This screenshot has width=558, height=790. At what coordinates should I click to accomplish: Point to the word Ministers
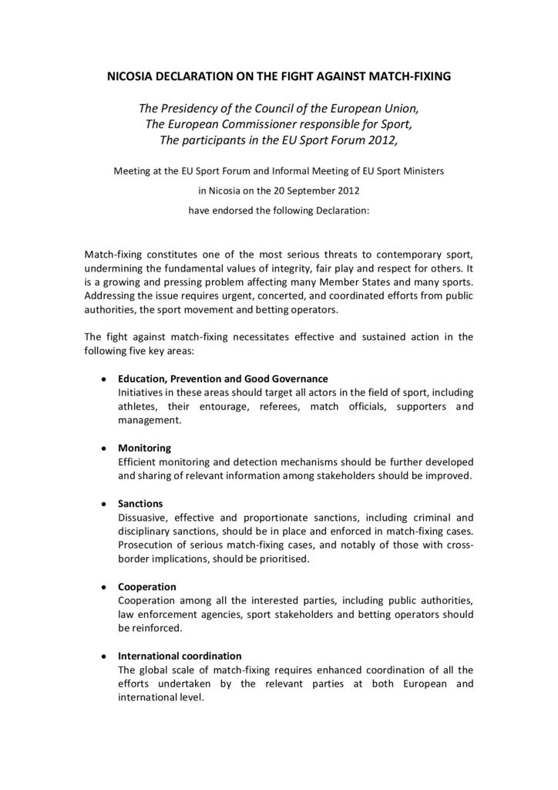pyautogui.click(x=419, y=170)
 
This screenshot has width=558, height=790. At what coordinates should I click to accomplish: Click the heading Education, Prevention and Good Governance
pyautogui.click(x=223, y=379)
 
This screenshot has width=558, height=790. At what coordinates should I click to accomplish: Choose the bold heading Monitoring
pyautogui.click(x=144, y=447)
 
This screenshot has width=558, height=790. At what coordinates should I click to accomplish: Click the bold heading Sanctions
pyautogui.click(x=140, y=503)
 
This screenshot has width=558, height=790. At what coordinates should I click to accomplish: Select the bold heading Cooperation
pyautogui.click(x=147, y=586)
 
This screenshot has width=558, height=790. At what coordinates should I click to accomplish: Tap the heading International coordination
pyautogui.click(x=180, y=656)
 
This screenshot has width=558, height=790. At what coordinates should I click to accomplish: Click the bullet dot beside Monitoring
pyautogui.click(x=103, y=448)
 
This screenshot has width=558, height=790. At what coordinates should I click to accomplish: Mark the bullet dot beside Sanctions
pyautogui.click(x=103, y=504)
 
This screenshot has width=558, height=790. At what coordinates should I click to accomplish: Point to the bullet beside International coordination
pyautogui.click(x=103, y=657)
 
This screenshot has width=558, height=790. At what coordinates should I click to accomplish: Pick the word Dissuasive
pyautogui.click(x=143, y=517)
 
